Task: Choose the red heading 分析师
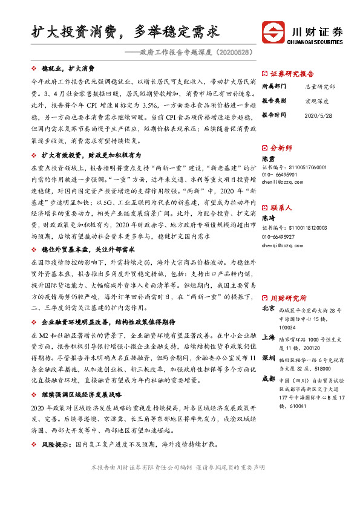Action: (281, 148)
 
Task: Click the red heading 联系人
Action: (281, 207)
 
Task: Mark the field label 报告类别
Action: (274, 100)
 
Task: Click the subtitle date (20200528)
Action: (232, 53)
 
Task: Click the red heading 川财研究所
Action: (288, 298)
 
